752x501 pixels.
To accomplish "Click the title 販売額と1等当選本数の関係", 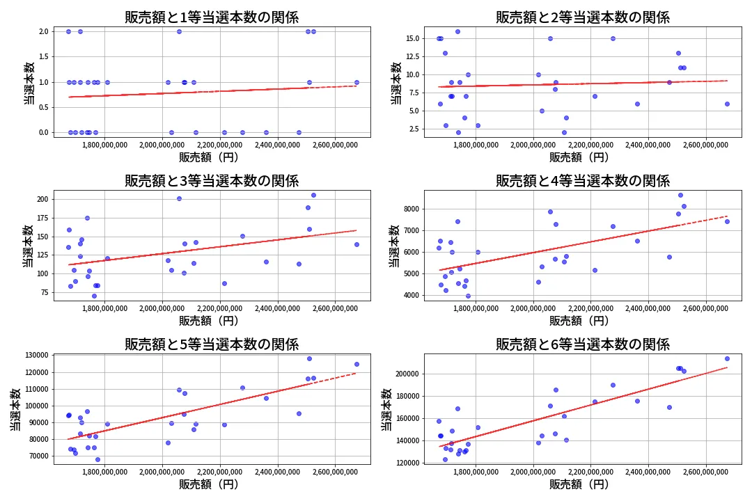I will [212, 17].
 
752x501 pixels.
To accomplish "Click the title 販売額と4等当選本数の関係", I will [582, 181].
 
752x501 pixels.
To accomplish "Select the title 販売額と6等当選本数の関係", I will [582, 344].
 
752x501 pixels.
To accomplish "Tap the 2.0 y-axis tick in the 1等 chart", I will [43, 31].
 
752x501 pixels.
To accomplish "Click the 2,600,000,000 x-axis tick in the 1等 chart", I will [336, 145].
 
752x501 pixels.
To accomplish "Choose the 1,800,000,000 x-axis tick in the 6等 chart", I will [475, 472].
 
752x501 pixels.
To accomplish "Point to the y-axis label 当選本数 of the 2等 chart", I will [395, 83].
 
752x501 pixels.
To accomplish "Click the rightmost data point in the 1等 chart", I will [357, 82].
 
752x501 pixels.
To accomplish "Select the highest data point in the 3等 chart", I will [313, 195].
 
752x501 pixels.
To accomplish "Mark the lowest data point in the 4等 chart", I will [468, 296].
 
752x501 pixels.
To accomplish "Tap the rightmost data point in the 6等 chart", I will [727, 359].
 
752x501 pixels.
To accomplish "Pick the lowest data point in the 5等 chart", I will [97, 459].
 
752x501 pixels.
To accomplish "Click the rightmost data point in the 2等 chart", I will [727, 104].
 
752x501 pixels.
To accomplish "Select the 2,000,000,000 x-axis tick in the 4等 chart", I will [533, 308].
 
